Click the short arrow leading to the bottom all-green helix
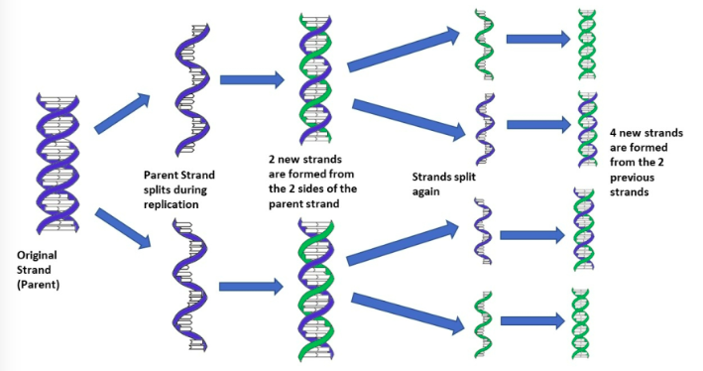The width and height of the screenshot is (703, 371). pos(533,320)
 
